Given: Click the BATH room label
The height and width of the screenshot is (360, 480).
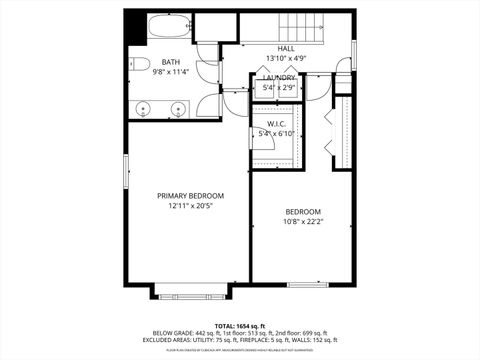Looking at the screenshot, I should click(x=171, y=62).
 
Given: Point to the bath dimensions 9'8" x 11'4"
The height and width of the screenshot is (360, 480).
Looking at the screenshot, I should click(x=171, y=72).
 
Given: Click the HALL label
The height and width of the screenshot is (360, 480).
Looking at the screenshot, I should click(x=287, y=48).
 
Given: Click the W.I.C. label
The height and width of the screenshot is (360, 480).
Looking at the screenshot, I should click(x=277, y=123).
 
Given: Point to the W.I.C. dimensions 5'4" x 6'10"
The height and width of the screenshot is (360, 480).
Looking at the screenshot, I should click(x=277, y=133).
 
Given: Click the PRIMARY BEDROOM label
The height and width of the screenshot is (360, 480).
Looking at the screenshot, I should click(x=190, y=195).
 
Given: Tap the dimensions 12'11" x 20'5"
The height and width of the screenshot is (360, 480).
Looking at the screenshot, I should click(x=190, y=206).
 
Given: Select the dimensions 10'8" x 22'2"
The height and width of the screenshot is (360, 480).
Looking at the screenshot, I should click(x=303, y=222).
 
